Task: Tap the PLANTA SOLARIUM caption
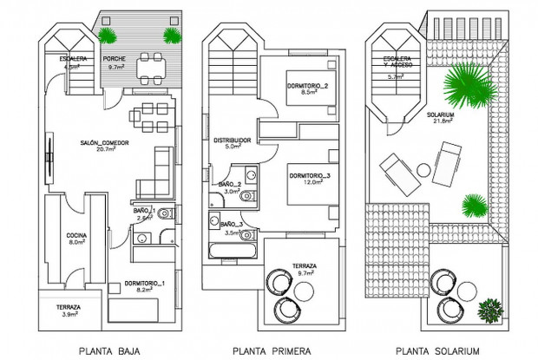click(436, 350)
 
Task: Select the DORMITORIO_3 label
click(310, 176)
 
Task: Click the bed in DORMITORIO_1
click(134, 311)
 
